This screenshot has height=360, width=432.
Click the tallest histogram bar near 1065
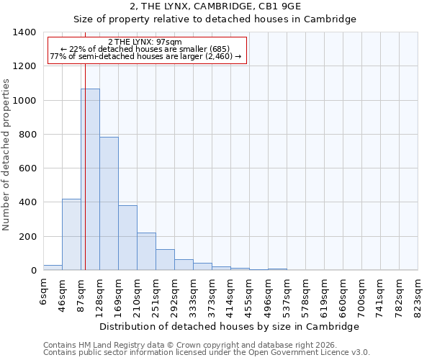coord(90,179)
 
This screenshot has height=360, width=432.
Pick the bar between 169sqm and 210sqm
coord(127,238)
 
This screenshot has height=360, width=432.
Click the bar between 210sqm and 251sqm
coord(146,251)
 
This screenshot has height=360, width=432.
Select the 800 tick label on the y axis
coord(28,135)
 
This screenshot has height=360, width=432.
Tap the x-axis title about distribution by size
coord(229,326)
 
